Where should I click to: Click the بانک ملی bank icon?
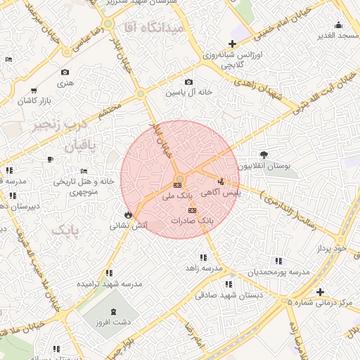176,185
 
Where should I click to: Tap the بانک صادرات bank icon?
193,210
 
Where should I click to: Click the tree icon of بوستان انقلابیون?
264,155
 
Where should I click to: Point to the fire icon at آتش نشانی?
128,214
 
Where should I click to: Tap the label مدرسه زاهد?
202,269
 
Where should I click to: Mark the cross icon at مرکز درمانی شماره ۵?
320,292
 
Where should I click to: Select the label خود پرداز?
331,248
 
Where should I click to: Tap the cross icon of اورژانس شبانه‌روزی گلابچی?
232,44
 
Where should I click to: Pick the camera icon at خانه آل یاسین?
188,82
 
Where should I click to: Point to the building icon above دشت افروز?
115,312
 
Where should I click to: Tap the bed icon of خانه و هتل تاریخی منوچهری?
84,171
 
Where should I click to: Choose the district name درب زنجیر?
56,127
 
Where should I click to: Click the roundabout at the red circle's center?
179,178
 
